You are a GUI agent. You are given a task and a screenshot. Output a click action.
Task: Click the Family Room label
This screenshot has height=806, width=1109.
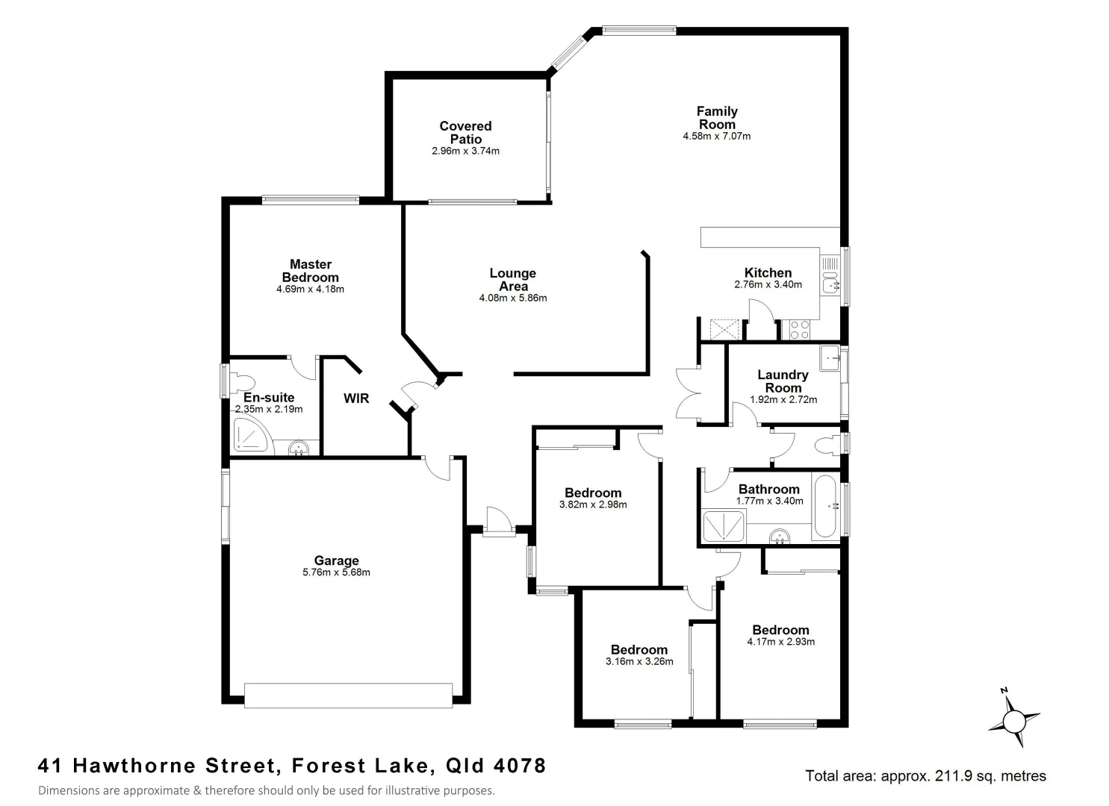(717, 118)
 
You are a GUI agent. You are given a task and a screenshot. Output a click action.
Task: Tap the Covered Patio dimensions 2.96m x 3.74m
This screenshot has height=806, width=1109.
(465, 151)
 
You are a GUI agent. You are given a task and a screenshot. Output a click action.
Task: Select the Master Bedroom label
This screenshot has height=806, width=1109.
(310, 271)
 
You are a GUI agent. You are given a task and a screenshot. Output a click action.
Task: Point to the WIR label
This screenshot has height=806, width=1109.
(356, 399)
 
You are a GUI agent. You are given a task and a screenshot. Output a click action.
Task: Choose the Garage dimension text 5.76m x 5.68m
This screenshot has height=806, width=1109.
(336, 573)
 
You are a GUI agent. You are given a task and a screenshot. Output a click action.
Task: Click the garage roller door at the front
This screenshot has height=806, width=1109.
(348, 695)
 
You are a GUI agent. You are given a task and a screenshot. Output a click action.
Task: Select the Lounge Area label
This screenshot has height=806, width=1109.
(512, 280)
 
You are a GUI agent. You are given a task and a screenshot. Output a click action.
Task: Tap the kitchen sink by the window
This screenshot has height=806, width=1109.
(830, 284)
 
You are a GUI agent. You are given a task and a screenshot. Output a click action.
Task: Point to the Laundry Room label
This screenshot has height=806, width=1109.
(783, 381)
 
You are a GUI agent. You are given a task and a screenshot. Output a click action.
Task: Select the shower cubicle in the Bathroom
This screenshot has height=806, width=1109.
(723, 525)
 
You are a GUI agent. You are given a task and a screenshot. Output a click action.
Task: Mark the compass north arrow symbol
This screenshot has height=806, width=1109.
(1013, 720)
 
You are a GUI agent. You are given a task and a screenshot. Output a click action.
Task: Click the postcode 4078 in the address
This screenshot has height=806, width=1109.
(520, 766)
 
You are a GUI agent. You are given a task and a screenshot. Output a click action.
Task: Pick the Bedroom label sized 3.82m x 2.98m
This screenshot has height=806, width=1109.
(593, 493)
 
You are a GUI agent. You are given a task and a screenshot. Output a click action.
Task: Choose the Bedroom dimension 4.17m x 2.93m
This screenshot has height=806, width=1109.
(780, 642)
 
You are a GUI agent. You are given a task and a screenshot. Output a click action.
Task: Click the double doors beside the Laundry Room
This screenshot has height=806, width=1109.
(686, 393)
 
